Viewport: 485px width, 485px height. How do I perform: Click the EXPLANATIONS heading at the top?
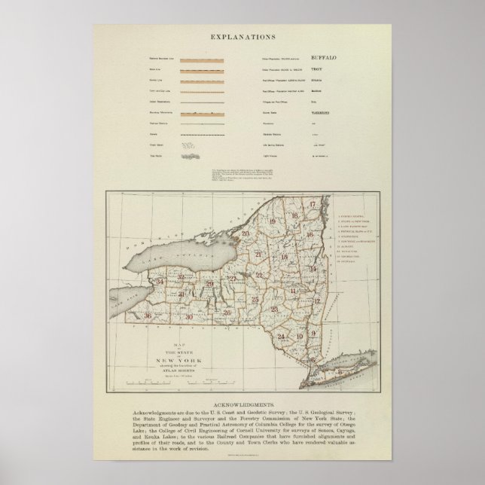(x=242, y=35)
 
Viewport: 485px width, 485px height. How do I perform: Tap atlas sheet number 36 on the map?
(x=148, y=316)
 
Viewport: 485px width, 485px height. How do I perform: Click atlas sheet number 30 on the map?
(x=189, y=317)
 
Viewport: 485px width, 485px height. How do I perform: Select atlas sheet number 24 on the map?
(x=281, y=335)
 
